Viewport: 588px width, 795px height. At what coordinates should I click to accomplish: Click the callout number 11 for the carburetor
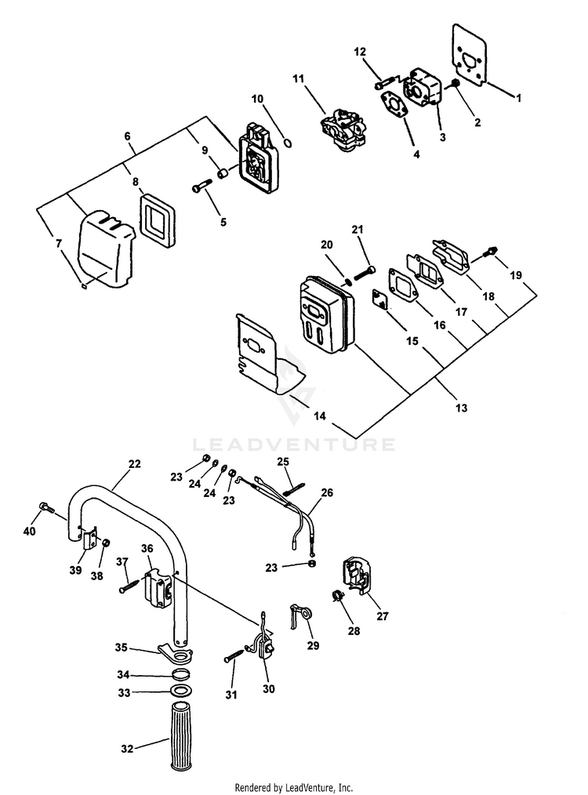point(297,78)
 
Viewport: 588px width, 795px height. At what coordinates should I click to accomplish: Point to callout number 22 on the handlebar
point(135,463)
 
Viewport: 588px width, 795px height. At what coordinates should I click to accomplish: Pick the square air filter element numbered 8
point(160,218)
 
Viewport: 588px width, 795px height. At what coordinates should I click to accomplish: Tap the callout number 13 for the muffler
point(461,408)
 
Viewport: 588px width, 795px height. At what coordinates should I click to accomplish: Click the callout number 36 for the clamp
point(146,548)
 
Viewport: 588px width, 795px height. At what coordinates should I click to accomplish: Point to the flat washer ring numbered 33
point(181,692)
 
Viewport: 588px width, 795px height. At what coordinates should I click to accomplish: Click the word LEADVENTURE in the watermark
point(294,445)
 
